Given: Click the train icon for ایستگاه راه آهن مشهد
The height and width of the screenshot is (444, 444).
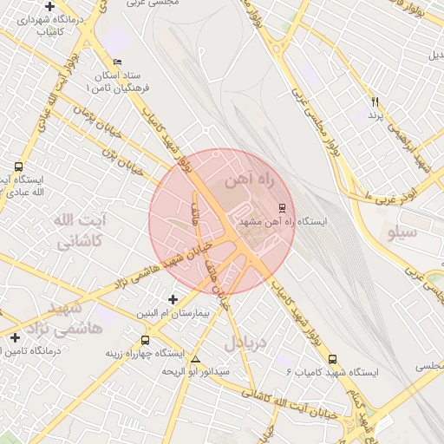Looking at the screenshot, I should click(x=281, y=208).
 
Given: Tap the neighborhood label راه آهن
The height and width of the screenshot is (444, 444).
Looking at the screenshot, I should click(x=249, y=180).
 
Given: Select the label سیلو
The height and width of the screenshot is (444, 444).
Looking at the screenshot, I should click(x=401, y=232).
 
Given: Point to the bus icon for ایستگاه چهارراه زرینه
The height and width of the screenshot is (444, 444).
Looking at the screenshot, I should click(x=144, y=341).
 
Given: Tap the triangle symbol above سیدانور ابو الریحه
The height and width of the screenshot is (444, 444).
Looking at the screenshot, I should click(x=196, y=359).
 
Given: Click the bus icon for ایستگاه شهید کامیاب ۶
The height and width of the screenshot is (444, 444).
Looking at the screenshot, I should click(x=334, y=360).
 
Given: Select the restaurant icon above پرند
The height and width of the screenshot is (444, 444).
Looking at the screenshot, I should click(x=375, y=102).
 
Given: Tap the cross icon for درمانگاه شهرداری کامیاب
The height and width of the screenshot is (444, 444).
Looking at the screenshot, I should click(x=50, y=6).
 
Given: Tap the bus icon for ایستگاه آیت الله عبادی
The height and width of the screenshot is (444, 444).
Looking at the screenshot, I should click(x=18, y=166).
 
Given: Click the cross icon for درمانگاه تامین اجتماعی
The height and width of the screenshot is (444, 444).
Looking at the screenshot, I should click(x=14, y=337).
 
